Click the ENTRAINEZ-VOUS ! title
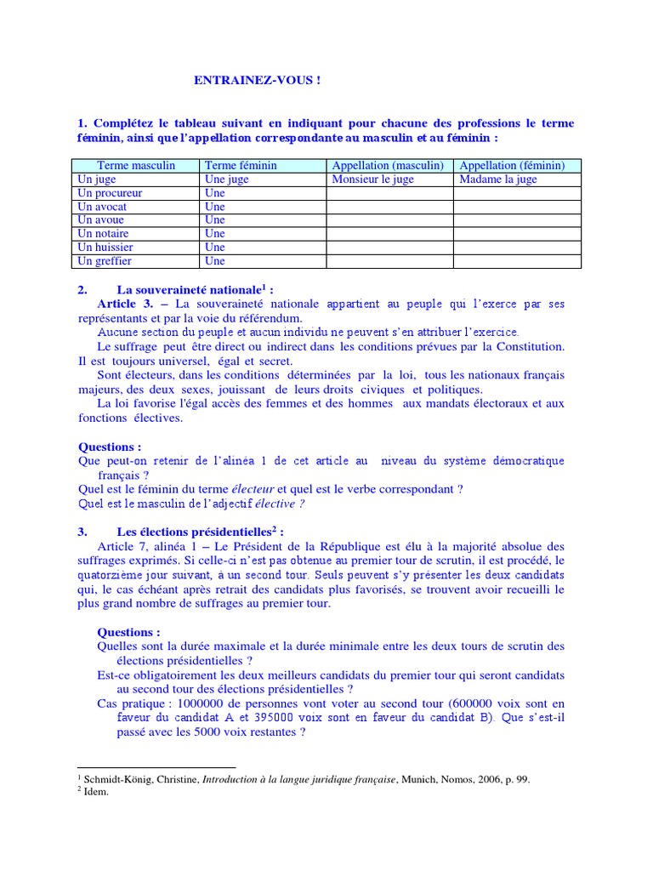click(x=258, y=81)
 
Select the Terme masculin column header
click(x=136, y=166)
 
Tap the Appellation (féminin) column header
click(x=517, y=166)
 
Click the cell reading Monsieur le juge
click(x=374, y=179)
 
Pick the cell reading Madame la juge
click(x=498, y=179)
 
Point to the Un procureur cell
click(x=110, y=193)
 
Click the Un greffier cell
click(x=105, y=261)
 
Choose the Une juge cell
click(x=227, y=179)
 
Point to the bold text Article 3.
click(x=124, y=304)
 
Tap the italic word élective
click(x=281, y=504)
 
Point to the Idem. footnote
click(x=96, y=791)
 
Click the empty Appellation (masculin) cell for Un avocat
click(x=389, y=207)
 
